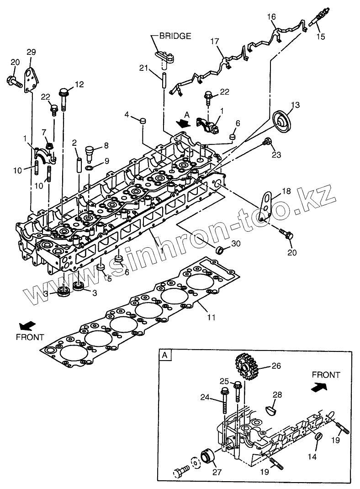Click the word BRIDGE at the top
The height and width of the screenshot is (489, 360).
point(175,36)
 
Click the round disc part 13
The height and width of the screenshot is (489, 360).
point(281,119)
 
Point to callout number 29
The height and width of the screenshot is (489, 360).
point(31,53)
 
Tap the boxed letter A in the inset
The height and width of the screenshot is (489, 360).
point(164,355)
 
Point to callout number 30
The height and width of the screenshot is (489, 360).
point(235,244)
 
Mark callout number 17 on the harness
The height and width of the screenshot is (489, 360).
point(215,41)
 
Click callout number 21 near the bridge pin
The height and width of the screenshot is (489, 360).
point(144,68)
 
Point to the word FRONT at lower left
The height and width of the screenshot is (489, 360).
point(30,337)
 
